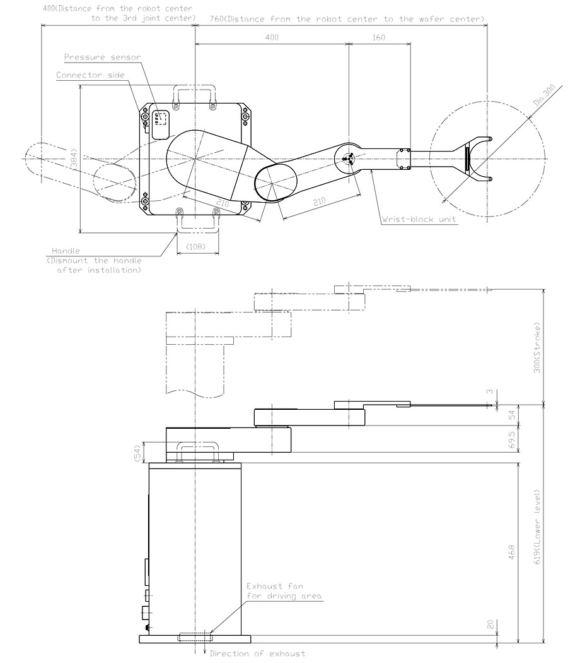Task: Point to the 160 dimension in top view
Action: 378,37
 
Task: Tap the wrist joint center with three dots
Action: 348,159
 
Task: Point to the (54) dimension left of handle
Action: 137,452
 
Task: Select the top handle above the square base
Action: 196,93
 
